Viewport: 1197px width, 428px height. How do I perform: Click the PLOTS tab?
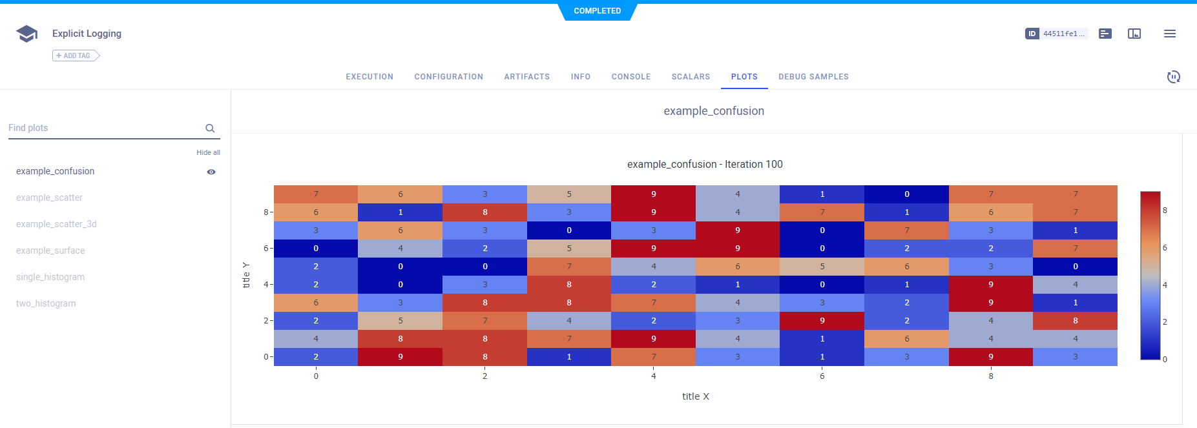(x=744, y=77)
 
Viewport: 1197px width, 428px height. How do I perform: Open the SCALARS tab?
(x=691, y=77)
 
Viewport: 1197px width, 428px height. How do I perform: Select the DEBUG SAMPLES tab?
(x=813, y=77)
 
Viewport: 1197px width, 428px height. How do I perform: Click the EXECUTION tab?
(x=370, y=77)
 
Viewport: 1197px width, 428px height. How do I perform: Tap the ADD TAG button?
(x=76, y=56)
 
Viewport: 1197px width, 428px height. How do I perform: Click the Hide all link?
(x=208, y=152)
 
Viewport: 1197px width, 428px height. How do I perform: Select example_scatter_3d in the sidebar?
(x=56, y=224)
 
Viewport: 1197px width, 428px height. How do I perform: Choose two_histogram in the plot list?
(x=46, y=303)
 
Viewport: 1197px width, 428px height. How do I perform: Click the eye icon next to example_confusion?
(x=211, y=172)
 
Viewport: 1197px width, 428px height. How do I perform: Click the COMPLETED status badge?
(x=597, y=11)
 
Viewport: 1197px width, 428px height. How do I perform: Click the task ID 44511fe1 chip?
(x=1057, y=34)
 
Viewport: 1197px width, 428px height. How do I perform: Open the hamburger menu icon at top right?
(x=1170, y=34)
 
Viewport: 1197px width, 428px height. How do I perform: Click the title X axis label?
(x=695, y=396)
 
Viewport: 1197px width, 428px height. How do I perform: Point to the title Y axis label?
(x=246, y=275)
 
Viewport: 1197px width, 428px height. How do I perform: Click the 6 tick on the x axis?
(x=822, y=376)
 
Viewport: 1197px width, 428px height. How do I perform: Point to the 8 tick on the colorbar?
(x=1165, y=210)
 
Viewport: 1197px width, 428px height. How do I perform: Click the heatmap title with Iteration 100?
(x=705, y=165)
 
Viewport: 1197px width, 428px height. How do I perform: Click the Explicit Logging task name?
(x=87, y=34)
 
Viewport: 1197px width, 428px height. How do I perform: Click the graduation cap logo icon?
(x=26, y=34)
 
